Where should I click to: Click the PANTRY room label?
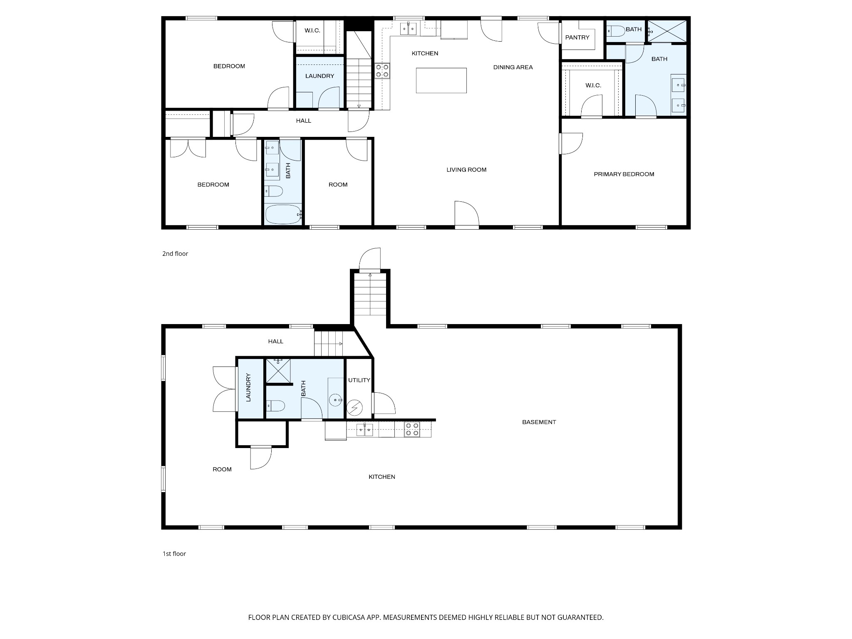pyautogui.click(x=577, y=37)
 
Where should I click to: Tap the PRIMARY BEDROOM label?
pyautogui.click(x=624, y=174)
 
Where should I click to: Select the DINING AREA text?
pyautogui.click(x=513, y=67)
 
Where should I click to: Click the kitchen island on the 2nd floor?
pyautogui.click(x=441, y=80)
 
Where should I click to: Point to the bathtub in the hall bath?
pyautogui.click(x=283, y=214)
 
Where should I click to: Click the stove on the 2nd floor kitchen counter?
pyautogui.click(x=382, y=70)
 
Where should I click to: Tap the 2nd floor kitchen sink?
pyautogui.click(x=409, y=29)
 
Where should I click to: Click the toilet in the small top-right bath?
pyautogui.click(x=615, y=31)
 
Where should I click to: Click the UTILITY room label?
pyautogui.click(x=359, y=380)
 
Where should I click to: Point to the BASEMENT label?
pyautogui.click(x=539, y=422)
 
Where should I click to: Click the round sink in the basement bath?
pyautogui.click(x=335, y=400)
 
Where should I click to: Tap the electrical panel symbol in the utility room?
pyautogui.click(x=354, y=408)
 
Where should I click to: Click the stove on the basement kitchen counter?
pyautogui.click(x=412, y=429)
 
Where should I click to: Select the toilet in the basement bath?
pyautogui.click(x=275, y=405)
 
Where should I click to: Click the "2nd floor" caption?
pyautogui.click(x=175, y=254)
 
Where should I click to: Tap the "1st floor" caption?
pyautogui.click(x=174, y=554)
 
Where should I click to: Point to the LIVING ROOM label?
pyautogui.click(x=466, y=170)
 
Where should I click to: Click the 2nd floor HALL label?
pyautogui.click(x=304, y=121)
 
